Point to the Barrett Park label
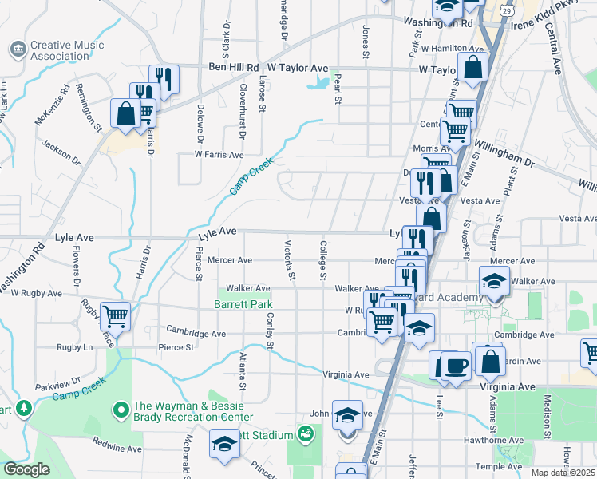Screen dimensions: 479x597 243,304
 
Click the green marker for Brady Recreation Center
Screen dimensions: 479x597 121,410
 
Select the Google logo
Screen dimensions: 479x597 26,469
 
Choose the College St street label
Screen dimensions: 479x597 323,261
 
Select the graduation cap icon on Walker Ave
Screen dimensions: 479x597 494,281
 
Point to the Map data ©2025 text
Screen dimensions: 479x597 563,473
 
